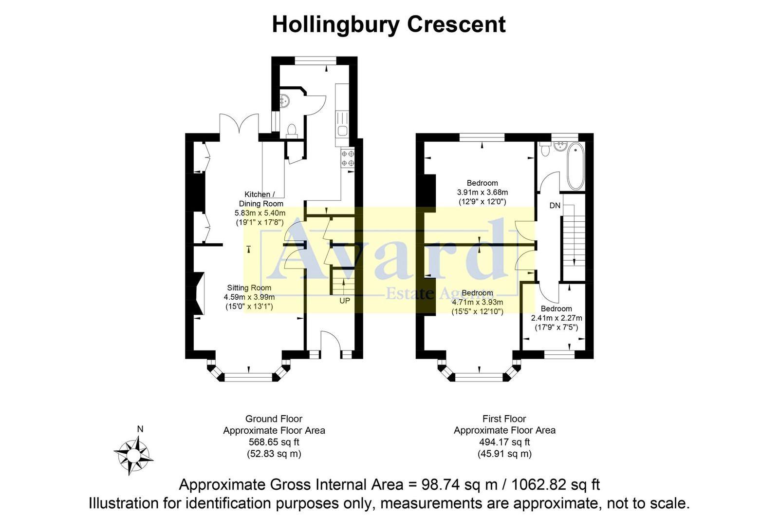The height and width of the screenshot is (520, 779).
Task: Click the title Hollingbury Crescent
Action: coord(389,24)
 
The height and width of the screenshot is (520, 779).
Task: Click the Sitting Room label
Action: coord(249,288)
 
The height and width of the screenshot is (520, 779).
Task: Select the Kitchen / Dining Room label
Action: coord(260,199)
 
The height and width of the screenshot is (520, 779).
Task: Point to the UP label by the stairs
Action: coord(344,301)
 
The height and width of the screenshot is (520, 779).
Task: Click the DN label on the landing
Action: coord(555,206)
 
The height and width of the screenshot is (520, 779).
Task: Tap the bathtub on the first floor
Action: coord(575,166)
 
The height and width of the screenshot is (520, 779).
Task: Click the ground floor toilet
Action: coord(291,130)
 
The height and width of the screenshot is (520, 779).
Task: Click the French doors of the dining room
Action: coord(239,124)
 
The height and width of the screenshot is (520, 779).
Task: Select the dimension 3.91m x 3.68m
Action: coord(482,192)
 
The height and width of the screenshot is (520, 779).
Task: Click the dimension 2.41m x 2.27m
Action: coord(556,318)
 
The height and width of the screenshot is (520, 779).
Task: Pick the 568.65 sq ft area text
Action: coord(274,443)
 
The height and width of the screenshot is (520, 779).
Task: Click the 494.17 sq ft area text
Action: coord(504,443)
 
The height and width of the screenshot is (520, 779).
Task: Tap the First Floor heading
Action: coord(504,419)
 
